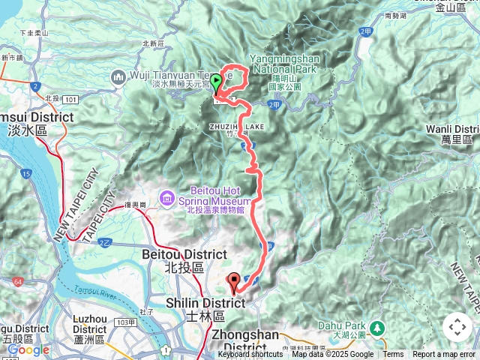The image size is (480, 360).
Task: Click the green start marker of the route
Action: point(216,82)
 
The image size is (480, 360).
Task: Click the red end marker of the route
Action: point(233,283)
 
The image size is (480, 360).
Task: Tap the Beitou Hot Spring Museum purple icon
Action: point(166,197)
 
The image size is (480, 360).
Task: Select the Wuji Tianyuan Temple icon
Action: point(118,76)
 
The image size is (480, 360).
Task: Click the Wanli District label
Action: point(452,134)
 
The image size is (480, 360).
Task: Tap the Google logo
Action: point(28,350)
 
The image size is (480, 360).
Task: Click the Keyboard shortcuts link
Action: point(250,355)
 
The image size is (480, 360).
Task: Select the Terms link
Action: point(393,355)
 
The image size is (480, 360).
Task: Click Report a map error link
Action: point(445,355)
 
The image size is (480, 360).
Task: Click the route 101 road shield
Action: point(71,98)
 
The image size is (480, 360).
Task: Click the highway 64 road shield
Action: point(16,282)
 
